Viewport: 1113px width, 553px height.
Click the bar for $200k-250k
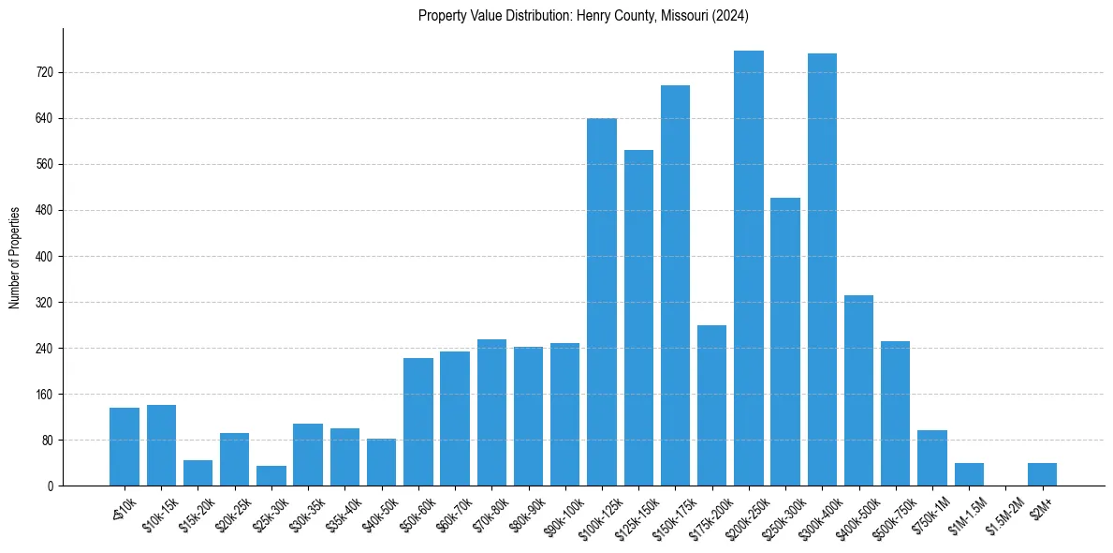pos(749,268)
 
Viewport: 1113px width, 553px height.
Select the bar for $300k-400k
pos(822,270)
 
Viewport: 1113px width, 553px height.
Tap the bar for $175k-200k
pos(712,405)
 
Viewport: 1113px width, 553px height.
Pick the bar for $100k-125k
pos(602,302)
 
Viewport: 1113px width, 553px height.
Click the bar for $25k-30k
pos(271,476)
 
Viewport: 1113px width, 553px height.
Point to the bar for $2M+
pos(1042,474)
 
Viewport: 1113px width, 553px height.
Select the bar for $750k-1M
pos(932,457)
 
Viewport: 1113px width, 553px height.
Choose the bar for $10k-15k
pos(161,445)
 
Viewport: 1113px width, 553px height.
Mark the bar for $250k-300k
pos(785,341)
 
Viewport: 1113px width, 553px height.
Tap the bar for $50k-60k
pos(418,422)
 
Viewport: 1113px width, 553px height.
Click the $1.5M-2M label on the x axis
pos(1003,514)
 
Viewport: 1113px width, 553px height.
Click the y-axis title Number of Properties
pos(15,257)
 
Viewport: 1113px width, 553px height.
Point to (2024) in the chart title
pos(730,16)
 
